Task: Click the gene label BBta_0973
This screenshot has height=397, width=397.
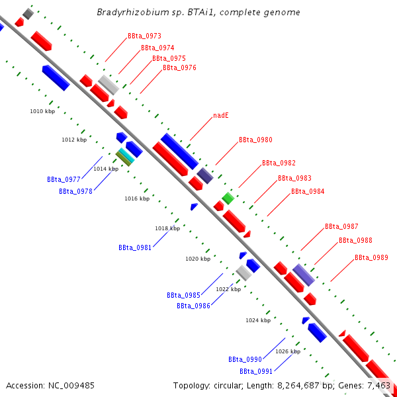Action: [x=144, y=36]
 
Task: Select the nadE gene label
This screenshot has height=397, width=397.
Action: [x=221, y=115]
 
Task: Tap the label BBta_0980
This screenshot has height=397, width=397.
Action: [x=255, y=140]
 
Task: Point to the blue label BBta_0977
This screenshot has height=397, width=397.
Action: [x=64, y=179]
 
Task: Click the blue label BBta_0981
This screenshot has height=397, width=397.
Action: [x=135, y=247]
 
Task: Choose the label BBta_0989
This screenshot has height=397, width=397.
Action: [x=371, y=258]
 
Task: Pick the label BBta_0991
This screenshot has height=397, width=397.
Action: [x=256, y=372]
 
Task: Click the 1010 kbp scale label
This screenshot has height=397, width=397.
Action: [x=43, y=111]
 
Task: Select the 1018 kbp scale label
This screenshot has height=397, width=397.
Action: [x=167, y=228]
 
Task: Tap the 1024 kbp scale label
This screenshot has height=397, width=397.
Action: [x=258, y=320]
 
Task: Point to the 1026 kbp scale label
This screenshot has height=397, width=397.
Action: [x=288, y=351]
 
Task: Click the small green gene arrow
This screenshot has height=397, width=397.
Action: [x=228, y=198]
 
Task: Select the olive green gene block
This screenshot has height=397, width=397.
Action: [x=123, y=159]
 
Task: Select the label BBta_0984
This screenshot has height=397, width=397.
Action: [x=308, y=192]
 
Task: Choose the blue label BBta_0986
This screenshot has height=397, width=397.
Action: [x=193, y=306]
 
